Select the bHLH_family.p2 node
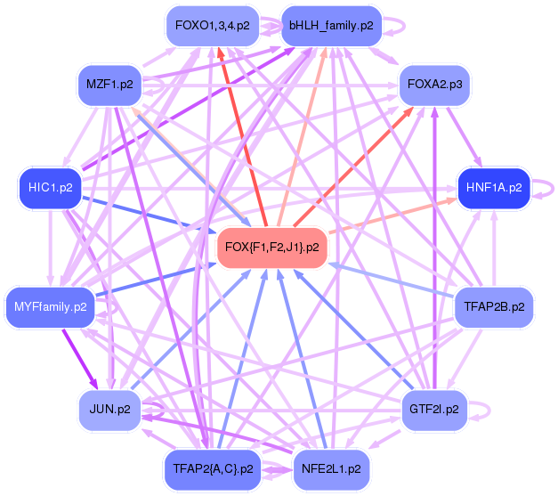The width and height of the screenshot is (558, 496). [331, 26]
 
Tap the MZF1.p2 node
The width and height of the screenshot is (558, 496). [110, 85]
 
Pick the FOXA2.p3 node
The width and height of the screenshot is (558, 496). [434, 85]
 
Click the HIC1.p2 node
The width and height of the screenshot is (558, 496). [50, 187]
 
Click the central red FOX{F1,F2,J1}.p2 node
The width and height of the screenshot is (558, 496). [272, 247]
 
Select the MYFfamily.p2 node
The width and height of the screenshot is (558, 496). [50, 307]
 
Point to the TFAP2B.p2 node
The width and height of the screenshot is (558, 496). [494, 307]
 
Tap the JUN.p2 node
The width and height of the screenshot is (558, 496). [110, 410]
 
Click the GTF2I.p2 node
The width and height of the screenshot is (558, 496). [434, 410]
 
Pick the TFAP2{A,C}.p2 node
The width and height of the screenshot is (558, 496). [212, 468]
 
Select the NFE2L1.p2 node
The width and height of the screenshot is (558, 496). [331, 468]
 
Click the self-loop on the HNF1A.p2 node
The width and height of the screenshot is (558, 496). [546, 187]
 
